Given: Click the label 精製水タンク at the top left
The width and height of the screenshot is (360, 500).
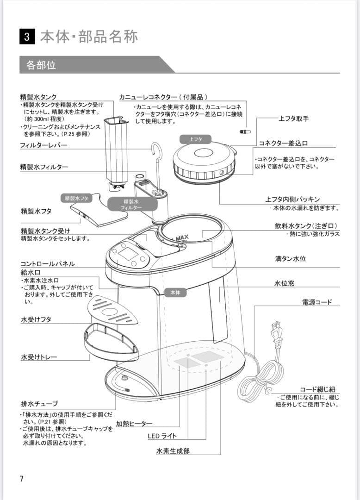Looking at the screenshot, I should (x=38, y=97).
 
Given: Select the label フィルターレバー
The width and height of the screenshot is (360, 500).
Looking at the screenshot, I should (x=43, y=145).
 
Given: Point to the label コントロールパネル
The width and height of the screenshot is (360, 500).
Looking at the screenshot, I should (x=47, y=263).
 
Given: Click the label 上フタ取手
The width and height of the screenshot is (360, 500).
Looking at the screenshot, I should (x=293, y=119).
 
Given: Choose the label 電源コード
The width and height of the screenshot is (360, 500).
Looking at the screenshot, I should (x=317, y=302).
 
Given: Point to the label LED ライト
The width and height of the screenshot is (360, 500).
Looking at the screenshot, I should (x=162, y=436).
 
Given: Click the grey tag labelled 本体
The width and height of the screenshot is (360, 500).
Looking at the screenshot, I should (x=175, y=293).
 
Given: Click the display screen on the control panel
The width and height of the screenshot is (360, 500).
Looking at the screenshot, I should (x=128, y=253).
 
